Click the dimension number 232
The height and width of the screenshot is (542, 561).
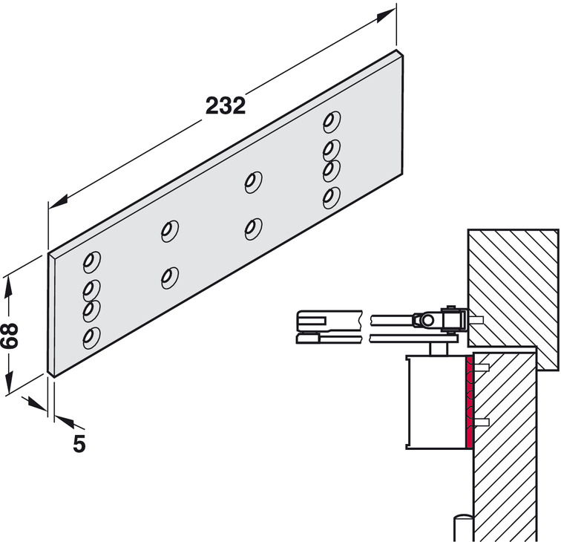[225, 105]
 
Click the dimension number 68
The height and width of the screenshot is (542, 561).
[10, 337]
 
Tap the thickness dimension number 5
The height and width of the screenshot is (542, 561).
[79, 444]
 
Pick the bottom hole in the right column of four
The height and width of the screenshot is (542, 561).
[331, 197]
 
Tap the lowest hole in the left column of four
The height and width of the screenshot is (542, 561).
[91, 338]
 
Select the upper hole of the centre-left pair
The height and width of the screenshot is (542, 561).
[170, 230]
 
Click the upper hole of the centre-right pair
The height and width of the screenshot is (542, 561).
[254, 180]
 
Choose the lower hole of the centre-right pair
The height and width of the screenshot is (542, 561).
[254, 227]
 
